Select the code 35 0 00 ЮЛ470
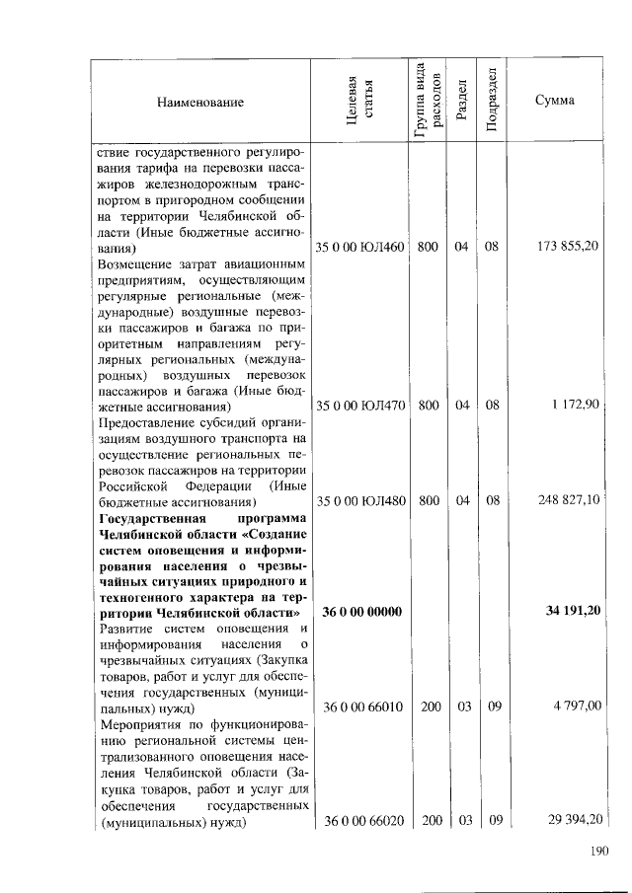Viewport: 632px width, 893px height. [x=359, y=405]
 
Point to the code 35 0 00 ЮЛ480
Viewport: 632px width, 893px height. [x=359, y=501]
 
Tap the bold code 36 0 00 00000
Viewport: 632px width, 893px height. [x=361, y=613]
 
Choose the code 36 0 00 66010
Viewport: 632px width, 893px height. [x=361, y=707]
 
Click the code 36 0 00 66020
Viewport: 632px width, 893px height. [x=361, y=822]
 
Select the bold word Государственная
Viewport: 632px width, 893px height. [x=150, y=518]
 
